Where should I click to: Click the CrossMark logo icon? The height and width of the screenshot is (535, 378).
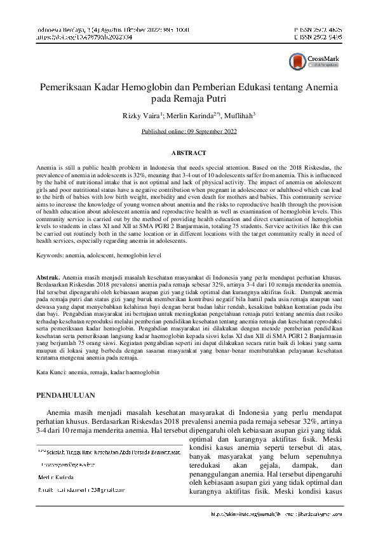297,61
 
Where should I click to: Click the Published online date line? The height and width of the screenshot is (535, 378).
189,132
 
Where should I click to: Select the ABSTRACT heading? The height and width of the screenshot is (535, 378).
189,153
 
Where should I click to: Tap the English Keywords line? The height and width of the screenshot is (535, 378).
98,255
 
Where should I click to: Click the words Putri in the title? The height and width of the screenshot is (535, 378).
215,98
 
